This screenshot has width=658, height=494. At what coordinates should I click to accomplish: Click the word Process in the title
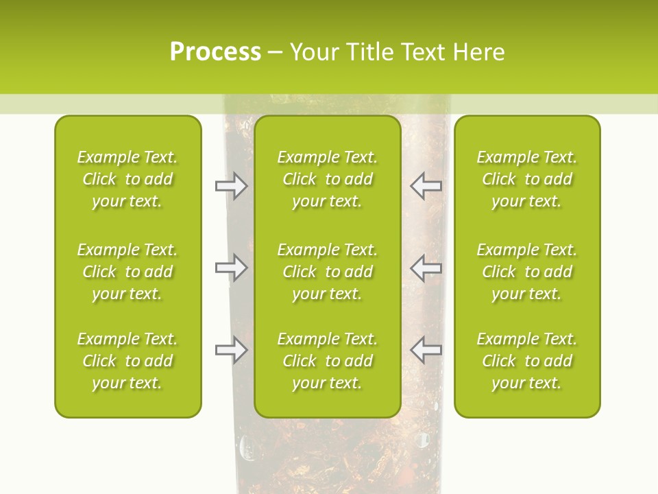pos(215,52)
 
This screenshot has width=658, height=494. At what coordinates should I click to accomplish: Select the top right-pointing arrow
pos(231,186)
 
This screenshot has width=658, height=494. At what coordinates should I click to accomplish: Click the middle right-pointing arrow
pos(231,268)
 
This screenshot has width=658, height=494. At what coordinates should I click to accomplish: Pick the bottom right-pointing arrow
pos(231,350)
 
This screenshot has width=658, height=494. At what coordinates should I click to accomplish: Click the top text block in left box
pos(127,179)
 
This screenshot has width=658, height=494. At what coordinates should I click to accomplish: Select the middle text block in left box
pos(127,272)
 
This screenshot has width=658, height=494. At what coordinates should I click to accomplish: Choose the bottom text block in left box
pos(127,361)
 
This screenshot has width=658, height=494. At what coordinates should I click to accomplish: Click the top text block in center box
pos(328,179)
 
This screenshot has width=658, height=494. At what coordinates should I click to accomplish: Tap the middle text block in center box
pos(328,272)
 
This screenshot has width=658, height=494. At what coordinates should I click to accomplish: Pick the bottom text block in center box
pos(328,361)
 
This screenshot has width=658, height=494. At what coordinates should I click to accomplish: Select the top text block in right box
pos(527,179)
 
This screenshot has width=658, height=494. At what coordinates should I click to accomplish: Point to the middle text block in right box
pos(527,272)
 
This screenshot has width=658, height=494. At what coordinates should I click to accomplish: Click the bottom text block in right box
pos(527,361)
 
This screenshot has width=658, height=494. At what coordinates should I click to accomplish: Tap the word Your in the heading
pos(313,52)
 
